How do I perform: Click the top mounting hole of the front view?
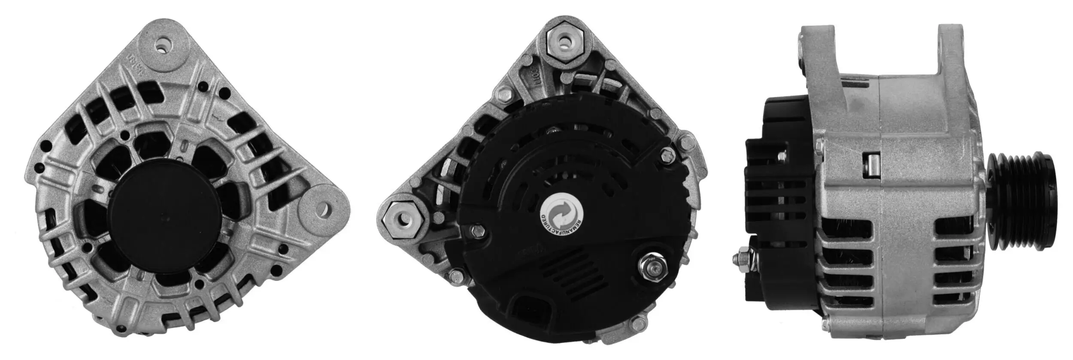[164, 46]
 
